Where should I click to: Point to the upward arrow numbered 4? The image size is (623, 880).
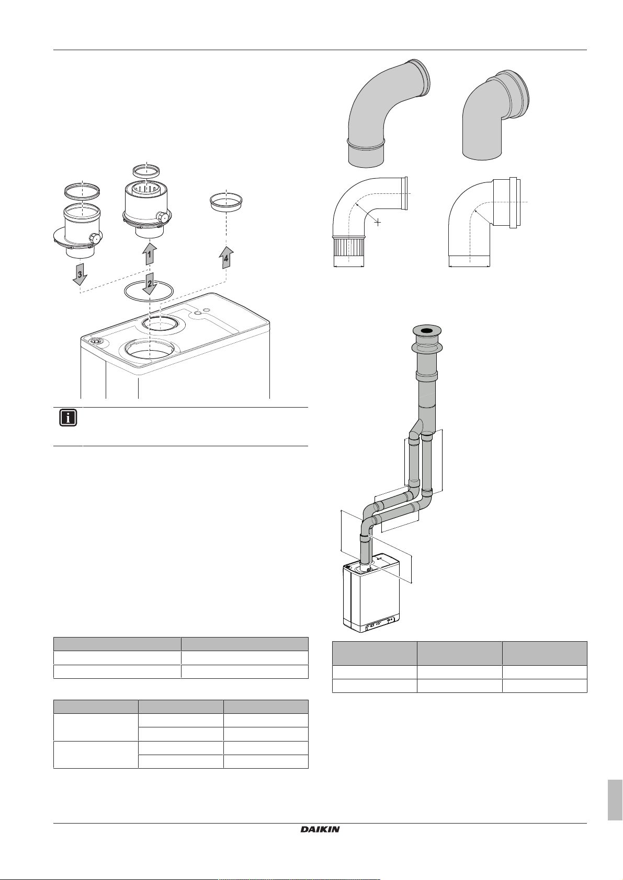click(226, 257)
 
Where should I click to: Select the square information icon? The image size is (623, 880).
click(68, 418)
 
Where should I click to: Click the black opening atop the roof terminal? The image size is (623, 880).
click(426, 331)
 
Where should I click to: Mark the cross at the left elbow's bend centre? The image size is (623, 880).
click(378, 223)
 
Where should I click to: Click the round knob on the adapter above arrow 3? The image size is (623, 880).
click(94, 238)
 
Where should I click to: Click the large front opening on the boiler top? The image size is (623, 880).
click(150, 350)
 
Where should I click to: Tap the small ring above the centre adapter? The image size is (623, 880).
click(146, 171)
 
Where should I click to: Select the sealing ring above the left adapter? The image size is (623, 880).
click(82, 191)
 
